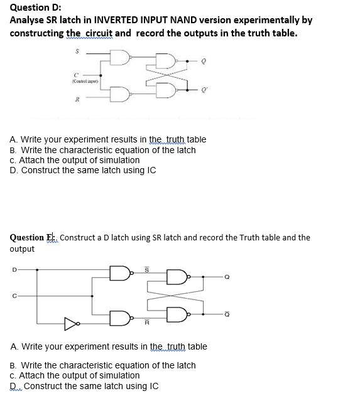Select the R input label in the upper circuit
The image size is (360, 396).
coord(77,99)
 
